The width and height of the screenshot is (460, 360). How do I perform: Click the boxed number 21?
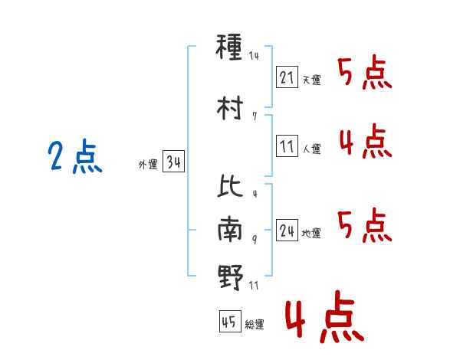tap(287, 77)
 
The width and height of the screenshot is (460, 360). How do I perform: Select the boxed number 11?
tap(287, 146)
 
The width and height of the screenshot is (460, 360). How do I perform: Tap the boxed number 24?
tap(287, 231)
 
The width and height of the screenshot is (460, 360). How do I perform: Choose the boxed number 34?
tap(173, 162)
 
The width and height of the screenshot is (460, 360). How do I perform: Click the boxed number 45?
tap(229, 322)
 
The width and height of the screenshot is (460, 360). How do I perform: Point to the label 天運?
tap(311, 80)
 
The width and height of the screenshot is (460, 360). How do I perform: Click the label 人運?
tap(311, 149)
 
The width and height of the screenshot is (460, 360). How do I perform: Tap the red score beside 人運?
tap(365, 142)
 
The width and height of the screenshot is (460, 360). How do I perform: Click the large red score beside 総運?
tap(324, 319)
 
